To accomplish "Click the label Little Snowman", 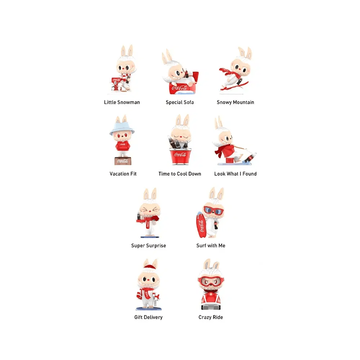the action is tap(122, 102).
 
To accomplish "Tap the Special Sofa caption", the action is tap(180, 102).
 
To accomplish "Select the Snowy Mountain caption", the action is tap(235, 102).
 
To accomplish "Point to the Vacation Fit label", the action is tap(123, 174).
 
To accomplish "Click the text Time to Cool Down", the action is tap(180, 174).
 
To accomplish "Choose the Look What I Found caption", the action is tap(235, 174).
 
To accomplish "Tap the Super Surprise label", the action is tap(149, 246).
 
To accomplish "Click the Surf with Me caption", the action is tap(211, 246).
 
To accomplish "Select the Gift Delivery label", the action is tap(149, 317).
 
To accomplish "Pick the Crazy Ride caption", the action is tap(211, 317).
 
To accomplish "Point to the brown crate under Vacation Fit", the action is tap(123, 161).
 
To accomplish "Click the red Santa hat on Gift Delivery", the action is tap(150, 267).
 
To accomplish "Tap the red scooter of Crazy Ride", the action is tap(211, 300).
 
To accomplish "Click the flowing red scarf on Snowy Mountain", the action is tap(227, 72).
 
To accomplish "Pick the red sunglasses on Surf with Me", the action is tap(213, 210).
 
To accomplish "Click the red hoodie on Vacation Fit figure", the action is tap(123, 145).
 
